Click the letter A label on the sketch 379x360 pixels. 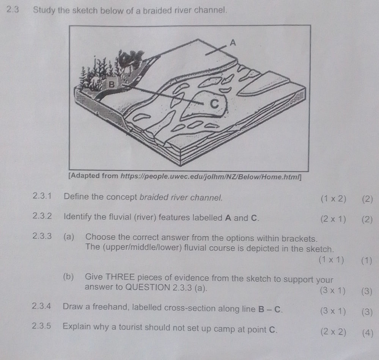[233, 43]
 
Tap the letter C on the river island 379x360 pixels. [215, 105]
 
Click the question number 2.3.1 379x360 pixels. [42, 197]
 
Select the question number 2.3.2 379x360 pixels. [42, 218]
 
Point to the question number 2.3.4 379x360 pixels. [42, 310]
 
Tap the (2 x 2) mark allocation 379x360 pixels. [333, 332]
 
